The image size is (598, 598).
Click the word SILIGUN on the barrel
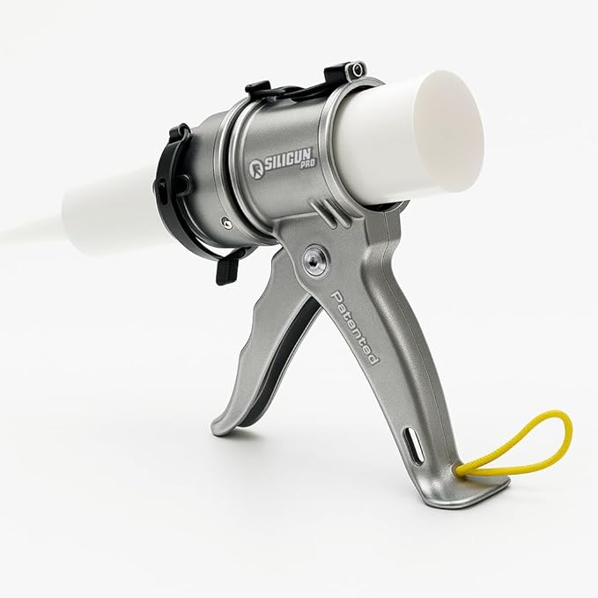(289, 160)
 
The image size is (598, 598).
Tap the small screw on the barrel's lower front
(227, 223)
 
